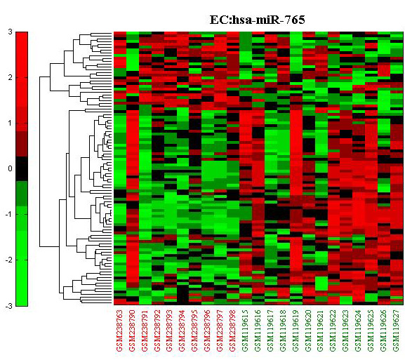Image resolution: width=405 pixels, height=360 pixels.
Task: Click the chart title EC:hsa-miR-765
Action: click(x=258, y=20)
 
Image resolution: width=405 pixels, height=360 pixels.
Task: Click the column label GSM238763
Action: click(x=120, y=331)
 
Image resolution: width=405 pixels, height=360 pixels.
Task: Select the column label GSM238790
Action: click(x=132, y=331)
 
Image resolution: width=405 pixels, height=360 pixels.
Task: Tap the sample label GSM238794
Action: click(x=183, y=331)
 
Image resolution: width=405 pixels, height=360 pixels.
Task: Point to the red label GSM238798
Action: click(x=233, y=331)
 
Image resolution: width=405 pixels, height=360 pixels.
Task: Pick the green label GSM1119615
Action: click(x=246, y=331)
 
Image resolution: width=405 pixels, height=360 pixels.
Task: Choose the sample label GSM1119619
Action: click(x=296, y=331)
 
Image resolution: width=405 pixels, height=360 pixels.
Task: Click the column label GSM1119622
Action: click(x=333, y=331)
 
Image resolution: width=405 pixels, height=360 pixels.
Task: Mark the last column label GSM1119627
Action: click(x=397, y=331)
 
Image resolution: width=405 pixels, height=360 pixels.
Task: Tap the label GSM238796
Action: click(x=208, y=331)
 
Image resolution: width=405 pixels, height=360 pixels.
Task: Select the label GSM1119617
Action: click(x=271, y=331)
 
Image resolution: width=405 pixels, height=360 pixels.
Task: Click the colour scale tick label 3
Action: click(x=10, y=32)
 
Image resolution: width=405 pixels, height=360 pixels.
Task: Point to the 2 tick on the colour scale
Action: click(x=10, y=77)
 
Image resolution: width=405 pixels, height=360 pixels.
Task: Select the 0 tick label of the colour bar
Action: click(x=10, y=168)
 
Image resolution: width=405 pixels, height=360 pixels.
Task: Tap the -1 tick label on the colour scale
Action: click(x=9, y=214)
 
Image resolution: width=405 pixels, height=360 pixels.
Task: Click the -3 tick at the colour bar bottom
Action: click(x=9, y=306)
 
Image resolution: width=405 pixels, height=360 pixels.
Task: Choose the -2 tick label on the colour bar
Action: click(x=9, y=260)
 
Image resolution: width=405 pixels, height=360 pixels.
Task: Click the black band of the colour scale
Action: click(x=22, y=168)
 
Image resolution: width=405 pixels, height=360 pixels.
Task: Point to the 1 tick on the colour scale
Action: click(x=10, y=124)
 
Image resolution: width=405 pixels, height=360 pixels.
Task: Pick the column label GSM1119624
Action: click(x=359, y=331)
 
